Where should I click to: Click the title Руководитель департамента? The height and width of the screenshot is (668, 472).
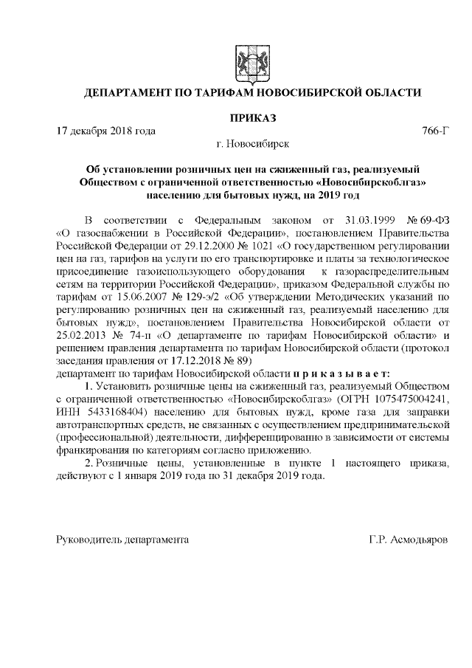(123, 540)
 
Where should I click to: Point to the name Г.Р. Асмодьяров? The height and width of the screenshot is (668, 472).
(409, 540)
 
